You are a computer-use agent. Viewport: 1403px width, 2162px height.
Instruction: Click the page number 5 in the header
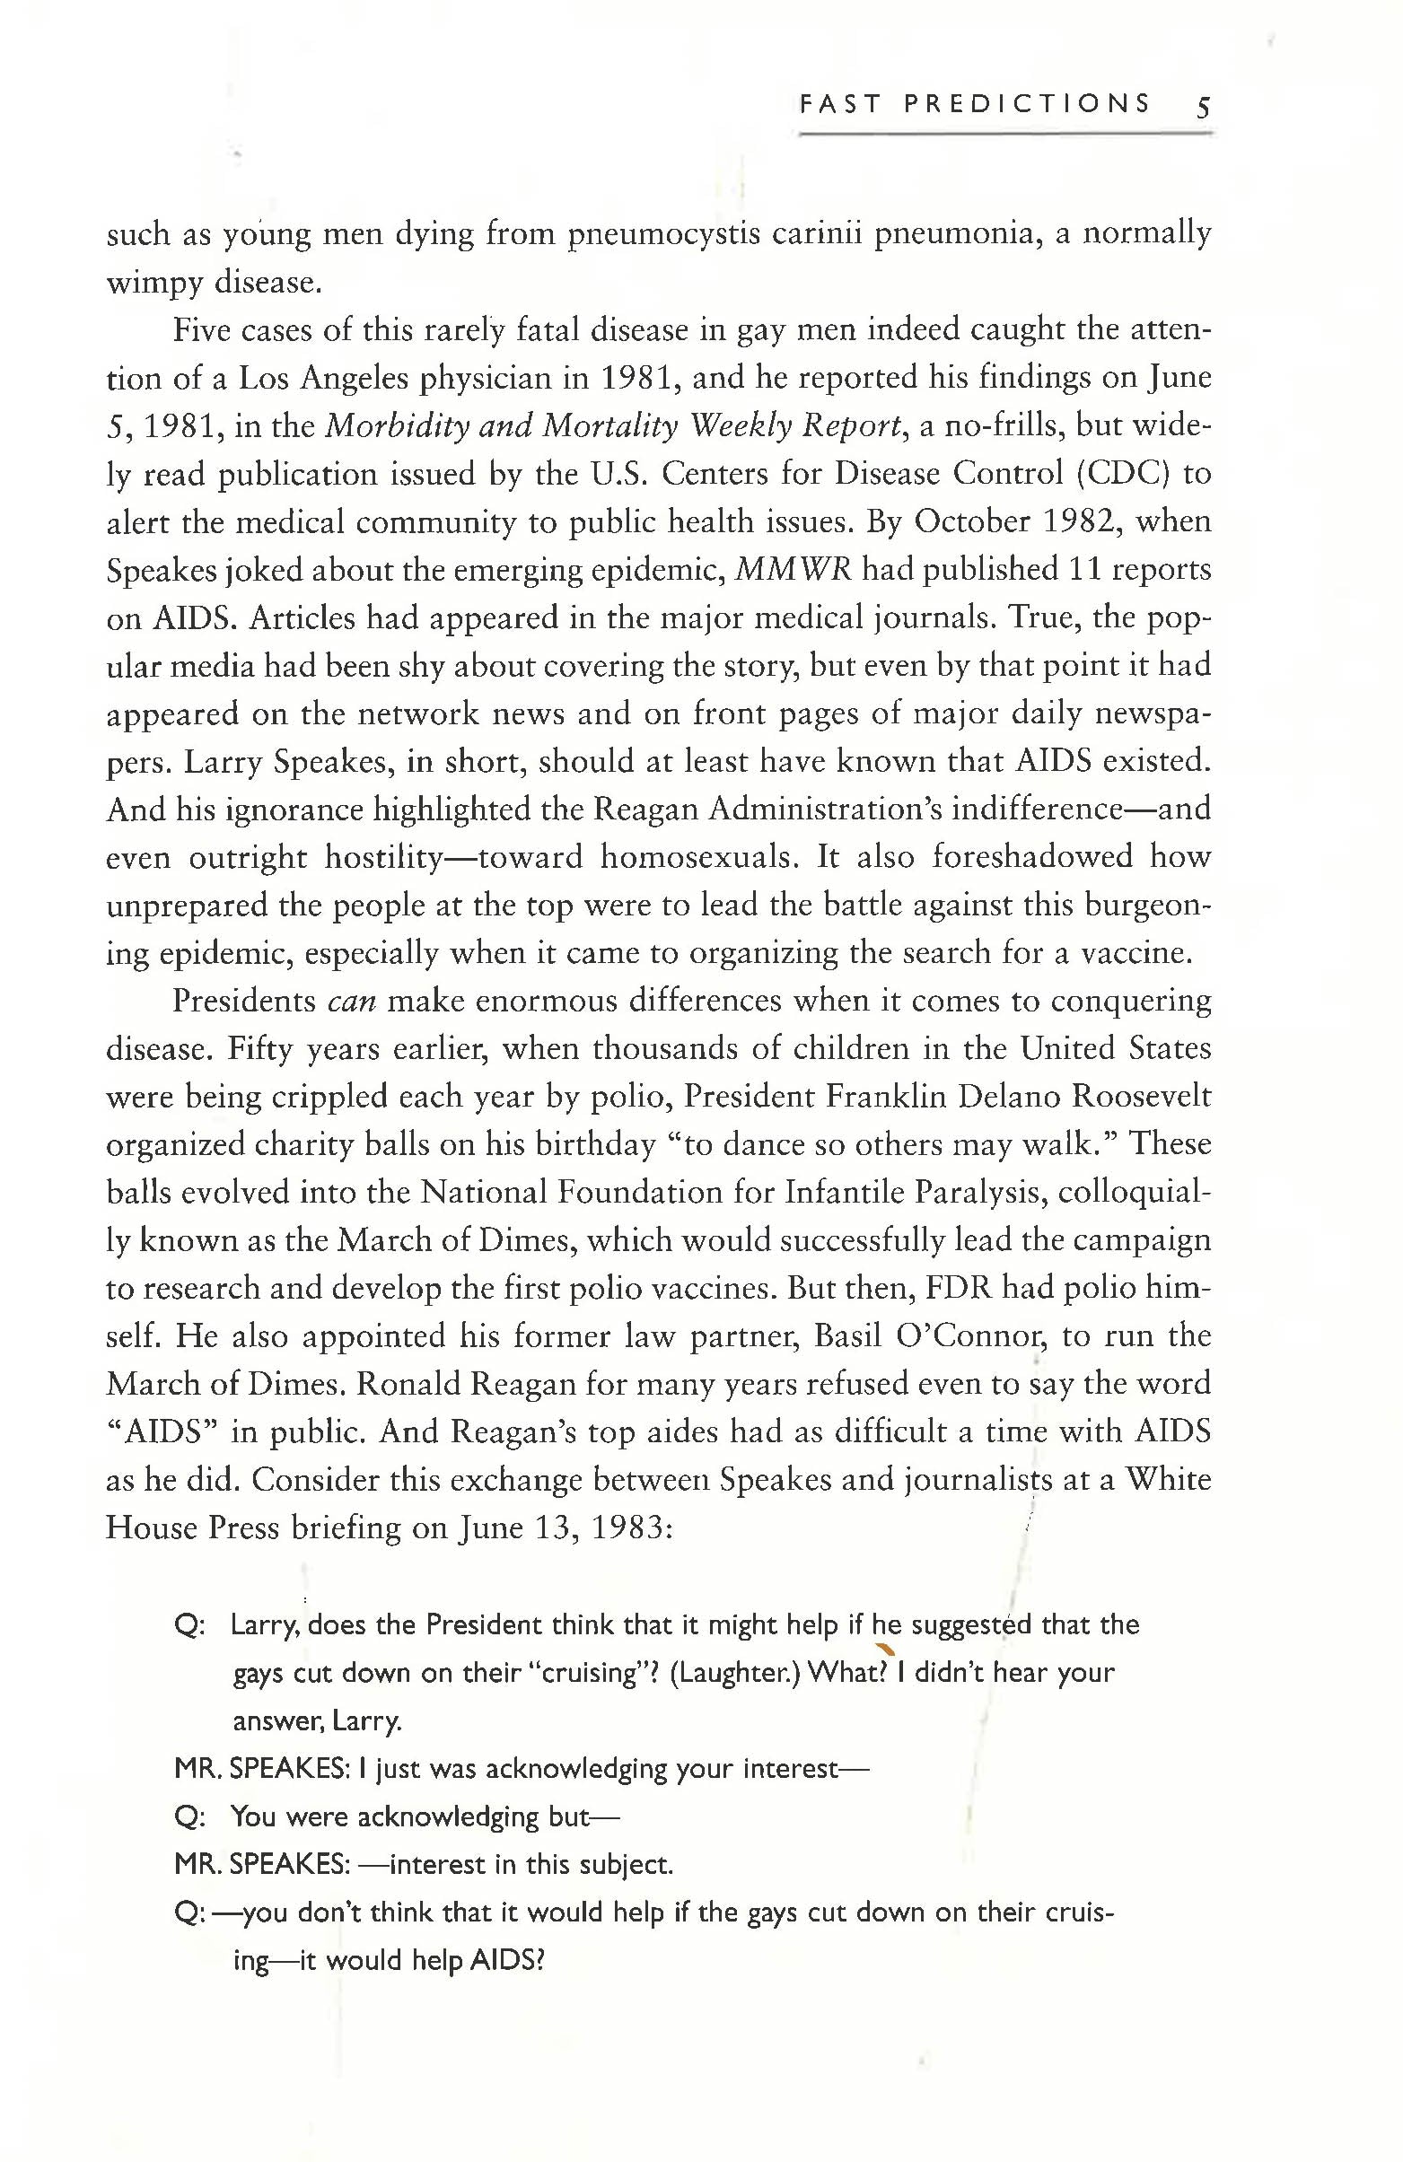point(1202,108)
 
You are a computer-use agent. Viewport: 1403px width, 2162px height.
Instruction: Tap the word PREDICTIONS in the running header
point(1027,103)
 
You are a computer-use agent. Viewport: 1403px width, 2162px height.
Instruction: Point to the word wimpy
point(154,284)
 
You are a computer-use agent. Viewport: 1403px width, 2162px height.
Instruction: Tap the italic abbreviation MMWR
point(792,571)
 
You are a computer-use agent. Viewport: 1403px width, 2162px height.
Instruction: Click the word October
point(970,522)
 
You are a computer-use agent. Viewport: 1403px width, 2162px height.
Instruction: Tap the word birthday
point(592,1145)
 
